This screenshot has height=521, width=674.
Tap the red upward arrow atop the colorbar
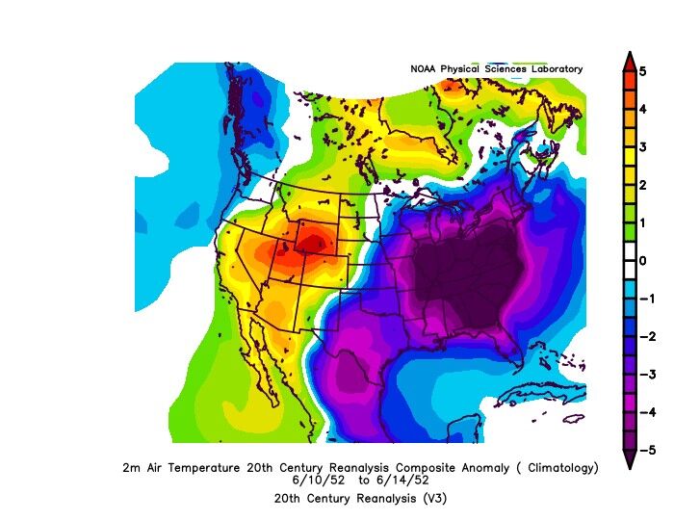click(x=629, y=61)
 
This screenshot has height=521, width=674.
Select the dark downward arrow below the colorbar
click(x=629, y=459)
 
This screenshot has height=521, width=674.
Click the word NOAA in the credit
click(x=425, y=69)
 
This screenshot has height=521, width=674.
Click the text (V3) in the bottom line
click(x=431, y=498)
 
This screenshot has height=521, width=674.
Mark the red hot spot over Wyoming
click(x=310, y=239)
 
